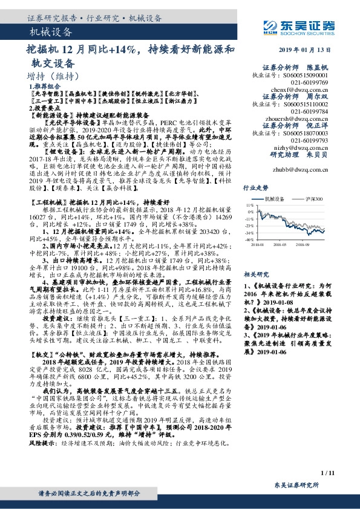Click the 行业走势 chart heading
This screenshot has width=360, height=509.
click(x=273, y=188)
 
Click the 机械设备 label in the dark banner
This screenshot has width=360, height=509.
click(x=51, y=31)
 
